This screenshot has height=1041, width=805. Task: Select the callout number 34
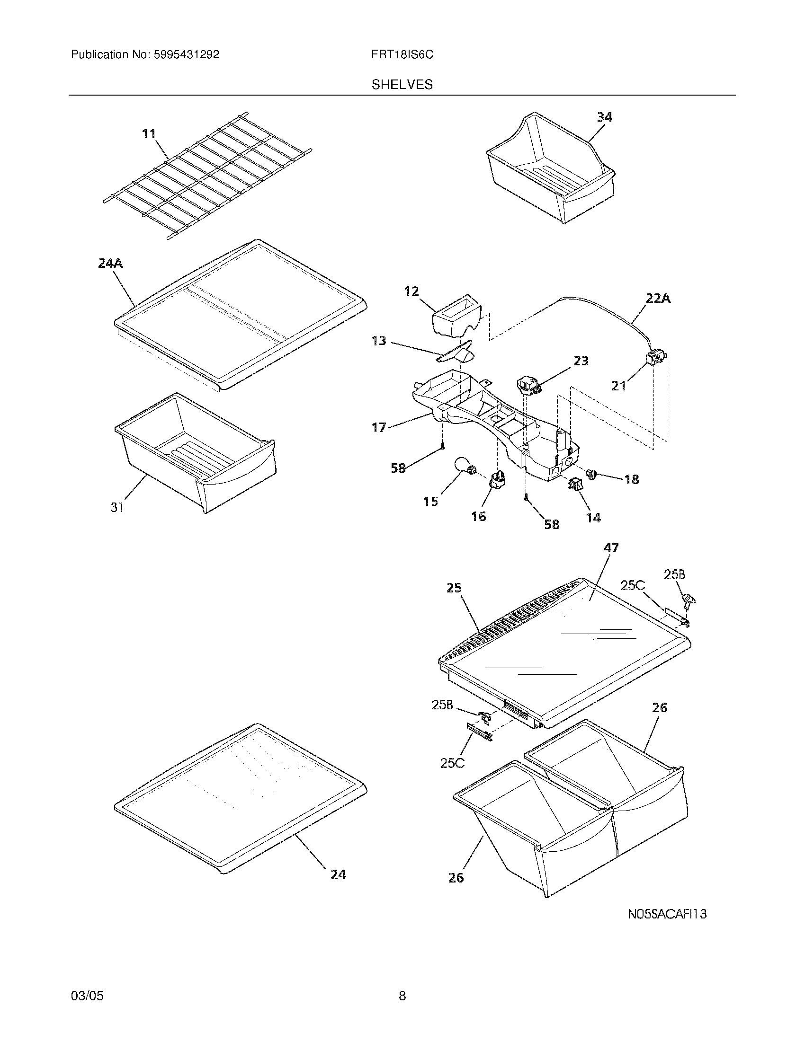coord(604,117)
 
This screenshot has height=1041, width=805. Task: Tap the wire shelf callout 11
coord(149,134)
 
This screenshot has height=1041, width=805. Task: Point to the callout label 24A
coord(110,263)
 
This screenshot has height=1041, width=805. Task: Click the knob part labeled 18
coord(592,474)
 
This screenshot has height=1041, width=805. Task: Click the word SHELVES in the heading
coord(402,85)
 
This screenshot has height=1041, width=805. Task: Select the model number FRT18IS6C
coord(402,55)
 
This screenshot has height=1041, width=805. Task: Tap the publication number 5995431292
coord(186,55)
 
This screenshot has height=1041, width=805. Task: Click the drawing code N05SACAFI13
coord(666,914)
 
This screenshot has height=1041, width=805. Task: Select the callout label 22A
coord(658,299)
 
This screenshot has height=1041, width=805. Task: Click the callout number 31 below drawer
coord(117,508)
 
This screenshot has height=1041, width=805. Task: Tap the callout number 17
coord(379,428)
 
